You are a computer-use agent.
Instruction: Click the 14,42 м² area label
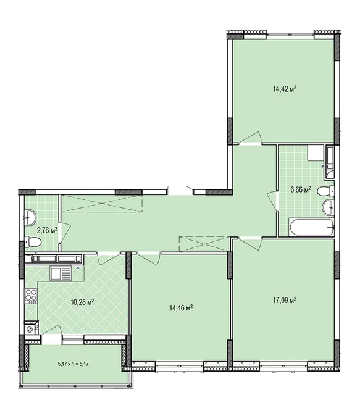(x=284, y=89)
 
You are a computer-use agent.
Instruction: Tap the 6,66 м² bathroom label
(x=301, y=189)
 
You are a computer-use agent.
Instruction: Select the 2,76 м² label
(x=47, y=230)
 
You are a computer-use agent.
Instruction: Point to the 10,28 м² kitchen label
(x=82, y=302)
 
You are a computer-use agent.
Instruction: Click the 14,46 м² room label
(x=182, y=307)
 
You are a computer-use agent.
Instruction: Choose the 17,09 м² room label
(x=285, y=301)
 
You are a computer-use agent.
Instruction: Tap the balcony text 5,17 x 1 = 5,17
(x=73, y=364)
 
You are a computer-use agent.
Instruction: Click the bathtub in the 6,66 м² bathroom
(x=312, y=227)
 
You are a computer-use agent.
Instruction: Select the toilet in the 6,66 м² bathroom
(x=325, y=191)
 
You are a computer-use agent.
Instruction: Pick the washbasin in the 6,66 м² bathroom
(x=329, y=207)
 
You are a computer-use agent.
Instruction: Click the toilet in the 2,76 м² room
(x=33, y=243)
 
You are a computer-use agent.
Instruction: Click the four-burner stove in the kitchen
(x=31, y=296)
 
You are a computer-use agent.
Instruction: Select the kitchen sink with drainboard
(x=61, y=273)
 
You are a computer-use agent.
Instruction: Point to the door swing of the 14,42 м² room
(x=251, y=138)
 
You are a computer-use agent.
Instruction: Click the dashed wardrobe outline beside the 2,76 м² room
(x=102, y=203)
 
